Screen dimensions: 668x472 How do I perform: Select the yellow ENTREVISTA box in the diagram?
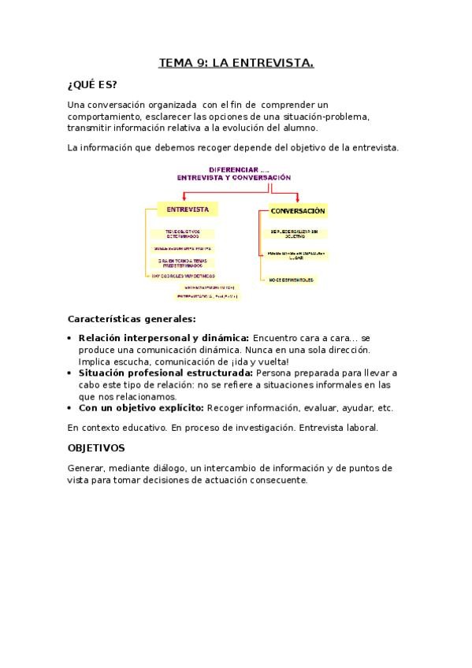click(188, 210)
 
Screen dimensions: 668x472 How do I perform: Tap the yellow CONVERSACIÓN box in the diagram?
click(297, 211)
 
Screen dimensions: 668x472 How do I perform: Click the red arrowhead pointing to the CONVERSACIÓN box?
click(297, 200)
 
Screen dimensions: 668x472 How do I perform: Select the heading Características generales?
click(132, 319)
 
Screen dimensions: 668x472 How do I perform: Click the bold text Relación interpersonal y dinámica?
click(164, 337)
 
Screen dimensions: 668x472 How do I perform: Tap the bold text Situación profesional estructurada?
click(165, 373)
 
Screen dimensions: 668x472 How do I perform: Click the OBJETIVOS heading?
click(96, 447)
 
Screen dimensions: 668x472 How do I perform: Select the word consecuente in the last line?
click(279, 480)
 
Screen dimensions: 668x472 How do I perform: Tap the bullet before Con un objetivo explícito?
click(72, 408)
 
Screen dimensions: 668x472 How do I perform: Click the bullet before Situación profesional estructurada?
click(72, 373)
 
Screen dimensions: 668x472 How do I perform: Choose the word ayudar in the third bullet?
click(356, 408)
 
